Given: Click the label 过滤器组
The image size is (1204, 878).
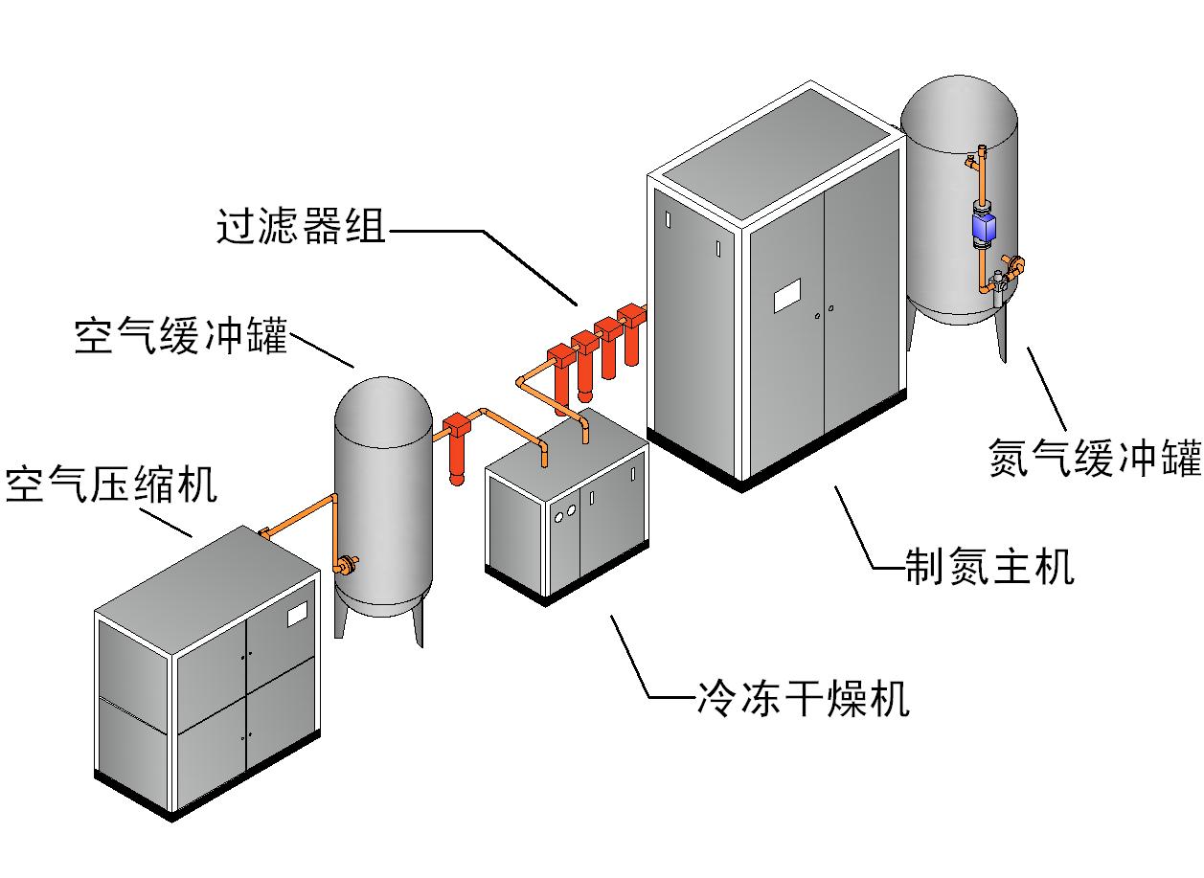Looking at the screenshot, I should (x=300, y=229).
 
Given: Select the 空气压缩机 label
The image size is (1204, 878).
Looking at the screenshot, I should (x=111, y=485).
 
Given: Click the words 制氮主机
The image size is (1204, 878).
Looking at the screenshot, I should (x=989, y=567).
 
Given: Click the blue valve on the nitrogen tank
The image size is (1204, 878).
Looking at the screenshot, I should (x=985, y=228).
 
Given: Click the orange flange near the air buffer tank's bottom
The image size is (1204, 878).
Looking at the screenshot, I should (x=344, y=565).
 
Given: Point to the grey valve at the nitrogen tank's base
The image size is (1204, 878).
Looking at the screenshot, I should (x=999, y=284).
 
